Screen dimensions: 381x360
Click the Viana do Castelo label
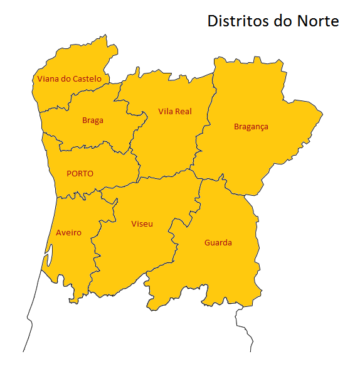click(x=69, y=79)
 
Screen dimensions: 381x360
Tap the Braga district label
click(x=93, y=121)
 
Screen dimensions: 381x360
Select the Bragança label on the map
click(x=251, y=127)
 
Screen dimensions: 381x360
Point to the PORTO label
click(x=80, y=174)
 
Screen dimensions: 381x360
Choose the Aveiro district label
click(x=68, y=233)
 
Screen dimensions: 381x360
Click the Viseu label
click(x=142, y=224)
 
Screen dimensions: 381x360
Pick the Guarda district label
click(x=218, y=243)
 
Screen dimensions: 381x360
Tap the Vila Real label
click(x=175, y=112)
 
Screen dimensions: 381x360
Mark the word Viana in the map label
click(x=48, y=79)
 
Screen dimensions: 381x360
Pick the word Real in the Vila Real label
click(x=183, y=112)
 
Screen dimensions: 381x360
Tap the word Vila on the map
click(x=166, y=112)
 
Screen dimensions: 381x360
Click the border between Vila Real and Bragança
click(x=202, y=132)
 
